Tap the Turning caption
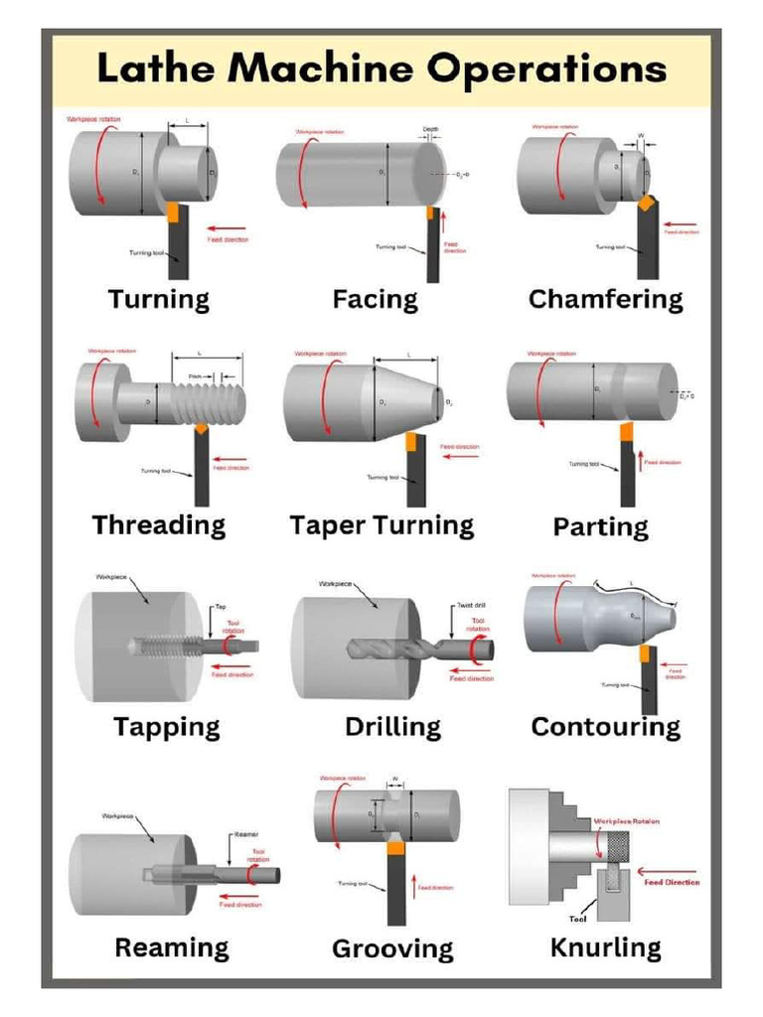click(x=159, y=299)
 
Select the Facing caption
click(x=375, y=299)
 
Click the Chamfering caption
click(x=605, y=299)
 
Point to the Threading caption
click(x=159, y=525)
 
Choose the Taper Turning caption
click(x=381, y=525)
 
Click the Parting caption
click(x=600, y=526)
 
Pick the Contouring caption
click(x=605, y=726)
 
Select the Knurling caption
click(x=605, y=947)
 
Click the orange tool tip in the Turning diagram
click(x=173, y=213)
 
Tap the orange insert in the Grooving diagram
click(x=394, y=849)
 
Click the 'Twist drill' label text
click(x=470, y=605)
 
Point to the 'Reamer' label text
click(x=246, y=834)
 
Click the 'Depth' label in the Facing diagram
click(x=430, y=129)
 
